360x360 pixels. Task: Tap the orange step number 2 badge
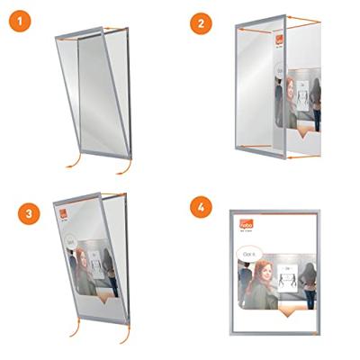point(202,22)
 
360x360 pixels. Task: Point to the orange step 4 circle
point(202,206)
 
